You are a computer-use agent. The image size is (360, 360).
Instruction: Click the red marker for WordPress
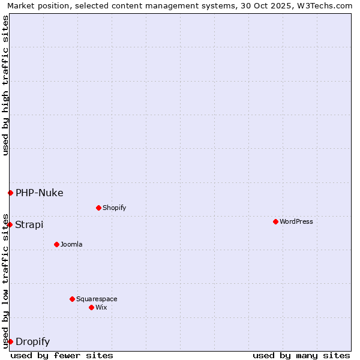tap(275, 221)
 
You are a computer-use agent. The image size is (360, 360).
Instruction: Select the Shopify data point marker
tap(98, 208)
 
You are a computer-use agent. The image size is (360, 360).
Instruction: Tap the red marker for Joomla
tap(56, 244)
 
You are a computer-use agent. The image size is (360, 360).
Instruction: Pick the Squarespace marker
tap(72, 299)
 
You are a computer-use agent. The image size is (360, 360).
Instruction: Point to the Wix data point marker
tap(91, 307)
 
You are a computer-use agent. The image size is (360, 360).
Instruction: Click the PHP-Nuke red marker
tap(10, 193)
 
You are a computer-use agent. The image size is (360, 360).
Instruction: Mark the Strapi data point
tap(10, 224)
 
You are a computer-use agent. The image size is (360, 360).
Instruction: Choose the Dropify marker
tap(10, 341)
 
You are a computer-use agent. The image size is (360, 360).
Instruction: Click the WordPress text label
tap(296, 221)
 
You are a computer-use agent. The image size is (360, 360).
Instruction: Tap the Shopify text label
tap(114, 208)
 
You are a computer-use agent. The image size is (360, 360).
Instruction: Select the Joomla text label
tap(71, 244)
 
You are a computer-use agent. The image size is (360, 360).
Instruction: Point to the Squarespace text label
tap(97, 299)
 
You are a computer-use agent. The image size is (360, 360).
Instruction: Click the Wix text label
tap(101, 307)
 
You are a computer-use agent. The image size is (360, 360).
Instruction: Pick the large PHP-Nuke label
tap(39, 193)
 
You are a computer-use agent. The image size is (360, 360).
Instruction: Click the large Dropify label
tap(32, 342)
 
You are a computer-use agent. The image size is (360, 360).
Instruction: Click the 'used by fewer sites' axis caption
tap(62, 355)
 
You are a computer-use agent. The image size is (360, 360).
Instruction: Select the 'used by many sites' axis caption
tap(301, 355)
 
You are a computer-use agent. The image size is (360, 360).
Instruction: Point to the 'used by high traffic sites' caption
tap(5, 85)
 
